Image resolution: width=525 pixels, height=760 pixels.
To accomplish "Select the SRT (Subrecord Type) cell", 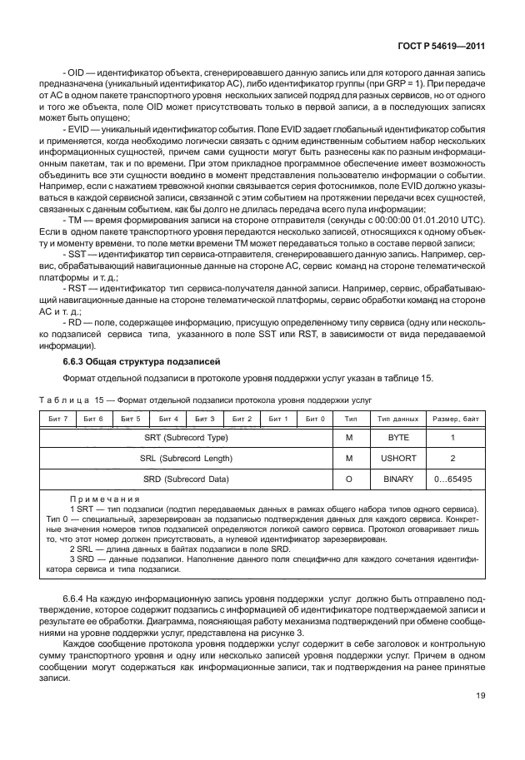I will tap(186, 436).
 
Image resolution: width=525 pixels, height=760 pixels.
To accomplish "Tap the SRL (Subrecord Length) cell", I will tap(186, 458).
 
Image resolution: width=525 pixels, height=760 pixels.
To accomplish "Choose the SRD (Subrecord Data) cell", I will tap(186, 480).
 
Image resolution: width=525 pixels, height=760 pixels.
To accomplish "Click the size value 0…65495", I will tap(452, 480).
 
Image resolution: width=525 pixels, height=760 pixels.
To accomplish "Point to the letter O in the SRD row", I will tap(351, 480).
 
